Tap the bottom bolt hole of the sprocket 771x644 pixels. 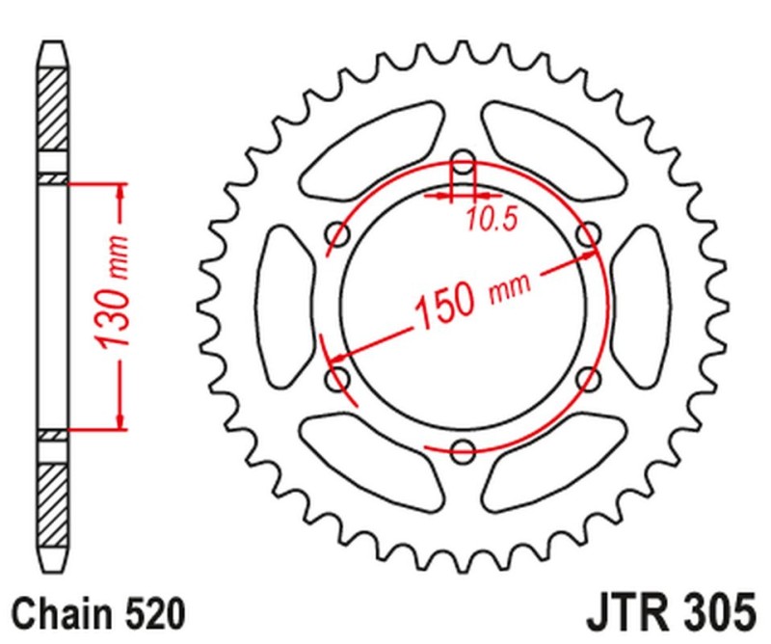click(464, 448)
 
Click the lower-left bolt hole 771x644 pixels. click(338, 378)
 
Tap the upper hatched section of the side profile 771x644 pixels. click(54, 111)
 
